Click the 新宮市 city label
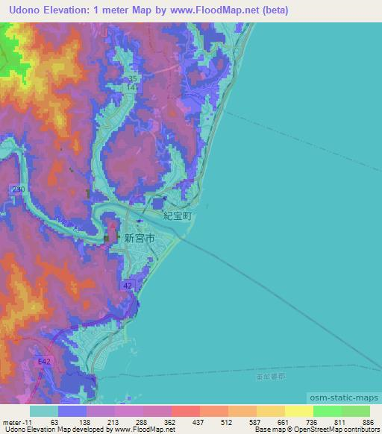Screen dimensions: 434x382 point(140,239)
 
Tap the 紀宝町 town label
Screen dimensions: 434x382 point(178,215)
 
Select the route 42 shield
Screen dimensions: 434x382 point(128,286)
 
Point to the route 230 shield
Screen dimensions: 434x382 point(19,190)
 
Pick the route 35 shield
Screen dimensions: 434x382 point(133,78)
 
